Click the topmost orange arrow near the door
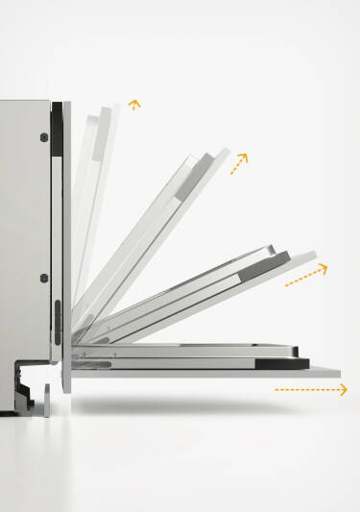click(x=133, y=105)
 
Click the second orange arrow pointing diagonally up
click(x=239, y=162)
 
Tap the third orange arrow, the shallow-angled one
click(x=306, y=276)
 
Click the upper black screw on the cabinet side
click(x=44, y=137)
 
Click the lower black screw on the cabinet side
click(x=44, y=279)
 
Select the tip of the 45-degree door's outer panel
click(x=224, y=155)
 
